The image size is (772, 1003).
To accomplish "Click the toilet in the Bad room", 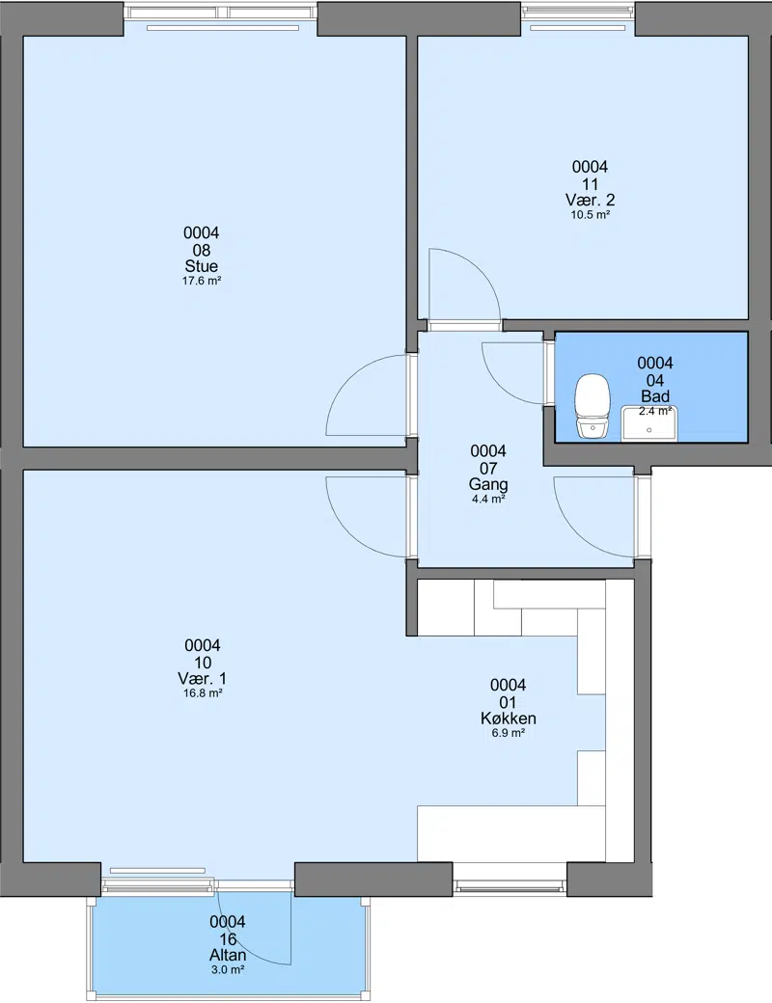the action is coord(593,407).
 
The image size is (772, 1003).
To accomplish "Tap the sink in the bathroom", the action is coord(648,423).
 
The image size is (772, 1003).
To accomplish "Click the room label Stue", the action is coord(202,266).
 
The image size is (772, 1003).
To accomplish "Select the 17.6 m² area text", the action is coord(202,281).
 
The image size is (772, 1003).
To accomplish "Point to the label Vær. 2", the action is coord(591,200).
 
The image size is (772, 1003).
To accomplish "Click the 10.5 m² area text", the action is coord(591,215).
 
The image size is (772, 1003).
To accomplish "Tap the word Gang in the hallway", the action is coord(488,484).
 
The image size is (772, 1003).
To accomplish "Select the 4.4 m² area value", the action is coord(488,499).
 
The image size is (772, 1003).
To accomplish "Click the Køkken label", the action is coord(509,718).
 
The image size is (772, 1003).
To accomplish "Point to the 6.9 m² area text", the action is coord(509,733).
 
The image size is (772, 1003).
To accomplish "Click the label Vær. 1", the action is coord(203,678).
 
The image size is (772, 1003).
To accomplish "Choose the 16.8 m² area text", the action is coord(203,692).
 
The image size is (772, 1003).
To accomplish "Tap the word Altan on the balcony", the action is coord(228,955).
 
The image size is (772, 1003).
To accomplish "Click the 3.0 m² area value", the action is coord(228,970).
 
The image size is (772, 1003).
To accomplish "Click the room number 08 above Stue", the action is coord(202,250).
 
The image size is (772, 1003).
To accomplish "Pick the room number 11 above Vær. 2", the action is coord(591,183).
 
